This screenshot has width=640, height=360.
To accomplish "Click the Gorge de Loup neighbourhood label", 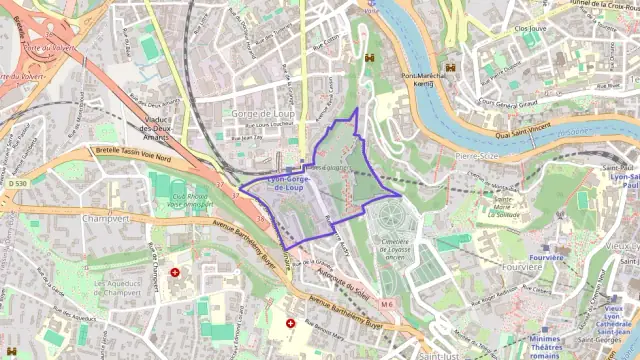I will click(263, 113).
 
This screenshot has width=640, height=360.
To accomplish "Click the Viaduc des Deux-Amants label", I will click(159, 132).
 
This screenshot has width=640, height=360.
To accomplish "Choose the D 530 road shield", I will click(16, 184).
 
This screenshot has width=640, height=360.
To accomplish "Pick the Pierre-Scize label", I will click(475, 156).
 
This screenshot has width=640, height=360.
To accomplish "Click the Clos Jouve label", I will click(530, 29).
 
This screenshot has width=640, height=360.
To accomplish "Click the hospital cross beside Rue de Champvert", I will click(176, 271).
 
